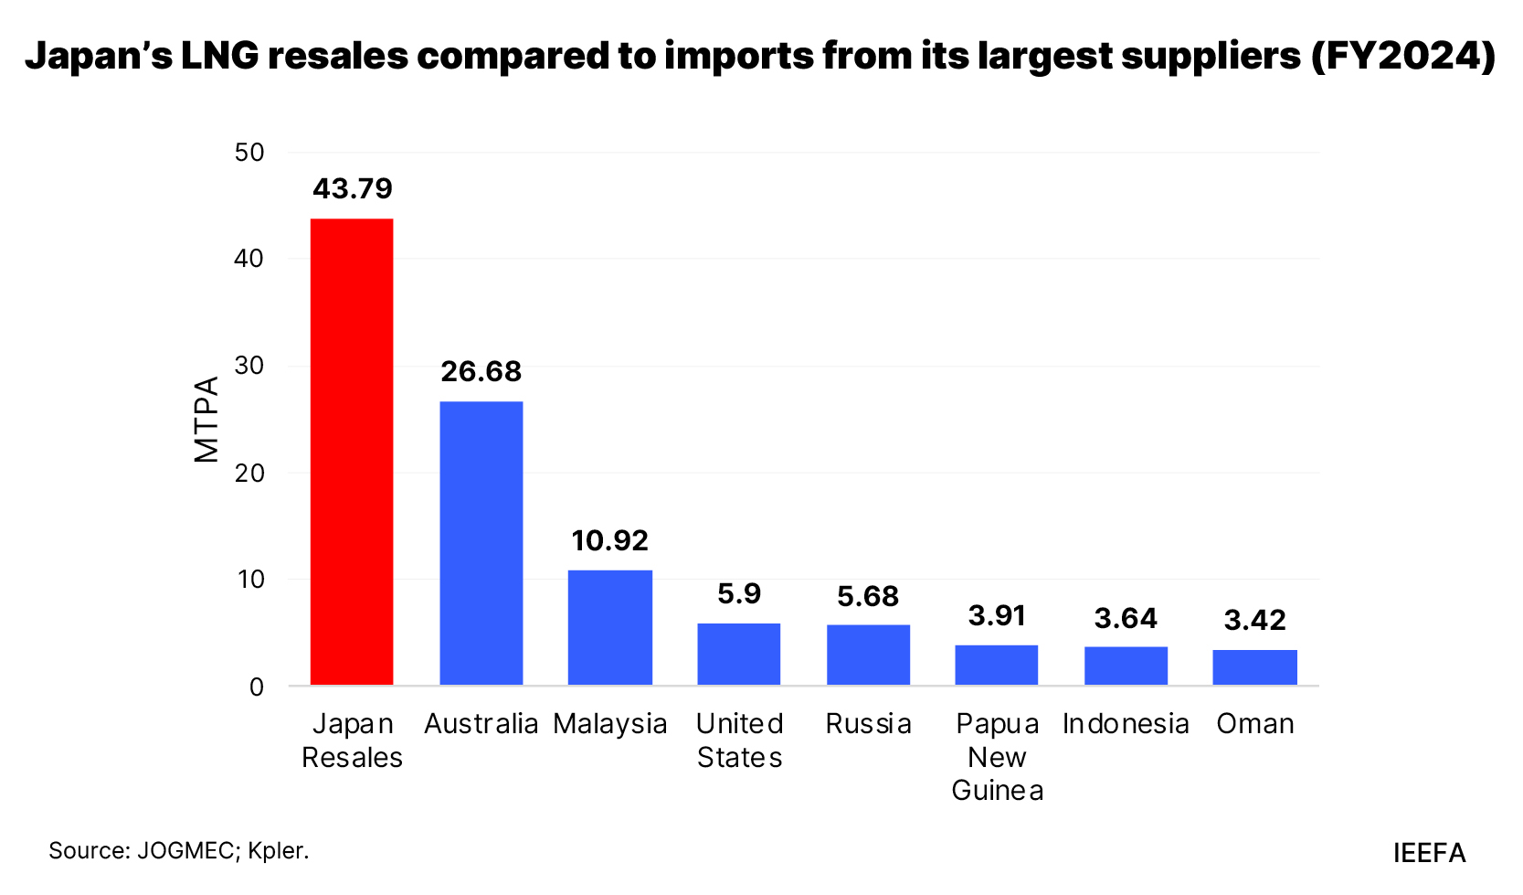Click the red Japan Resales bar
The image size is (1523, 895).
[x=352, y=452]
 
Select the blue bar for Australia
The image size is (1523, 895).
[x=481, y=543]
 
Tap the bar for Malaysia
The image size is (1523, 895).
[x=610, y=627]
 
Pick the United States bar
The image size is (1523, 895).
[x=739, y=654]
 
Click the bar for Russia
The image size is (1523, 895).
[x=868, y=655]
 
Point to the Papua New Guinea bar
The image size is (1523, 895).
[x=997, y=665]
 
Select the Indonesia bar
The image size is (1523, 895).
[x=1126, y=666]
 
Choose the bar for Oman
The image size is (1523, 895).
[x=1254, y=667]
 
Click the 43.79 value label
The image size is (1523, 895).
[x=353, y=188]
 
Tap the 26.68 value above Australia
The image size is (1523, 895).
[x=481, y=371]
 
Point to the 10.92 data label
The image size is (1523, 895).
[x=610, y=540]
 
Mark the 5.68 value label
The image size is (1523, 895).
[x=868, y=596]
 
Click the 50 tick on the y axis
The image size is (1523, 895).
[x=249, y=153]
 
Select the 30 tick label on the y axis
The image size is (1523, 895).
[x=249, y=366]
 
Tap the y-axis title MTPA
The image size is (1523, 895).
[x=206, y=419]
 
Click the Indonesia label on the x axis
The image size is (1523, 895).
[x=1126, y=724]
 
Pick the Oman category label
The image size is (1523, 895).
[x=1255, y=724]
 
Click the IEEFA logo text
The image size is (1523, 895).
[x=1429, y=853]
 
